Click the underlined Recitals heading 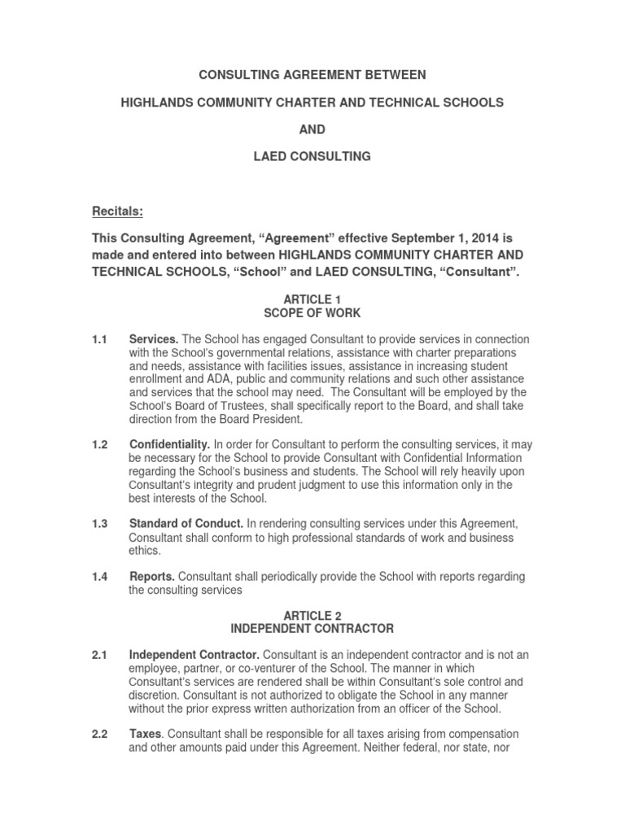tap(116, 212)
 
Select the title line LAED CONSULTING tap(312, 156)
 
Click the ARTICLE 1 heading tap(312, 300)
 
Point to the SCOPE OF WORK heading tap(312, 312)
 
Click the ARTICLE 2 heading tap(312, 616)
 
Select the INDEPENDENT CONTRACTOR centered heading tap(312, 628)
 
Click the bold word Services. tap(155, 338)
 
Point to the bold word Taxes tap(146, 735)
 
